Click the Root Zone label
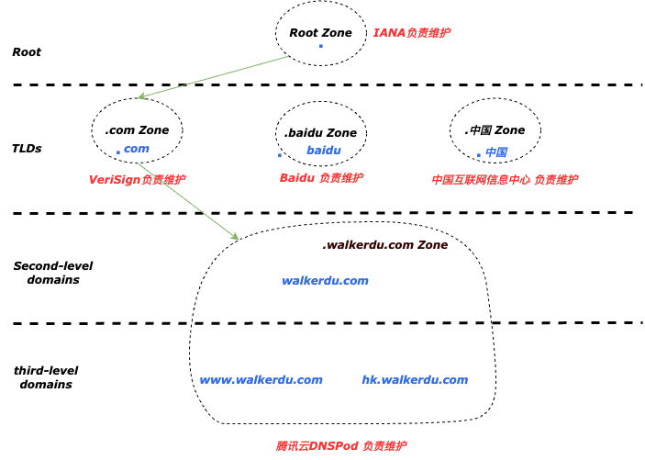[x=320, y=33]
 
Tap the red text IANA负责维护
[x=411, y=33]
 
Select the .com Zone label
[x=137, y=130]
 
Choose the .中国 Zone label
[x=495, y=130]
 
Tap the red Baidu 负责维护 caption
[x=321, y=178]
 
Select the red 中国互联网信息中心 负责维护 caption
[x=505, y=180]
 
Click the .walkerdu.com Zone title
[x=384, y=245]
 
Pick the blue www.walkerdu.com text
[x=261, y=379]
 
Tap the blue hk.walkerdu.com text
[x=415, y=379]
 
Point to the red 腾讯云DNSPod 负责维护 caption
[x=341, y=445]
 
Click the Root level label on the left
[x=27, y=52]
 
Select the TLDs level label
[x=27, y=148]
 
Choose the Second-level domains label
[x=52, y=273]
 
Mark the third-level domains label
[x=45, y=377]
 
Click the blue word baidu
[x=323, y=150]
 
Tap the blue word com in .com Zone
[x=136, y=149]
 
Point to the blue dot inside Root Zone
[x=320, y=46]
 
